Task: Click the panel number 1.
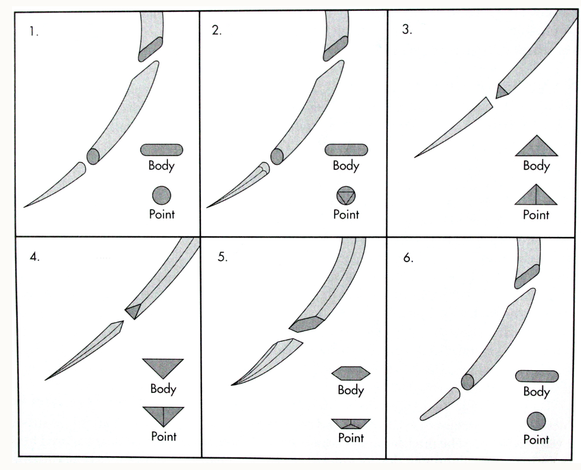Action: pyautogui.click(x=33, y=32)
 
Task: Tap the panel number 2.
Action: pyautogui.click(x=217, y=31)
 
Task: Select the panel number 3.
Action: pyautogui.click(x=407, y=30)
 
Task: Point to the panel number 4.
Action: pyautogui.click(x=35, y=256)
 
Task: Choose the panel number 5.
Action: pyautogui.click(x=222, y=256)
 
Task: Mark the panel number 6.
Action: pyautogui.click(x=408, y=258)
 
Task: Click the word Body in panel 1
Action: pyautogui.click(x=161, y=166)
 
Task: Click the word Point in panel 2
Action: pyautogui.click(x=346, y=214)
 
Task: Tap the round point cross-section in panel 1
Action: pyautogui.click(x=162, y=195)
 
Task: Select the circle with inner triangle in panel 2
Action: pyautogui.click(x=346, y=195)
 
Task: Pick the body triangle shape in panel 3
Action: pyautogui.click(x=536, y=146)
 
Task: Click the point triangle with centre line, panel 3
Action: pyautogui.click(x=536, y=195)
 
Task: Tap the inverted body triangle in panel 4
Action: pyautogui.click(x=163, y=368)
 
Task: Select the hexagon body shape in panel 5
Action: pyautogui.click(x=350, y=373)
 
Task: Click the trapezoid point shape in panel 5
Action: pyautogui.click(x=350, y=424)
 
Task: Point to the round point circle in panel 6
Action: pyautogui.click(x=536, y=421)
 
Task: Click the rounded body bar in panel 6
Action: pyautogui.click(x=537, y=377)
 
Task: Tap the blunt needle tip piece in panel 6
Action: pyautogui.click(x=440, y=404)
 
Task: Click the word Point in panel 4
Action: pyautogui.click(x=164, y=437)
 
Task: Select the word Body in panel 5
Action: pyautogui.click(x=350, y=390)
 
